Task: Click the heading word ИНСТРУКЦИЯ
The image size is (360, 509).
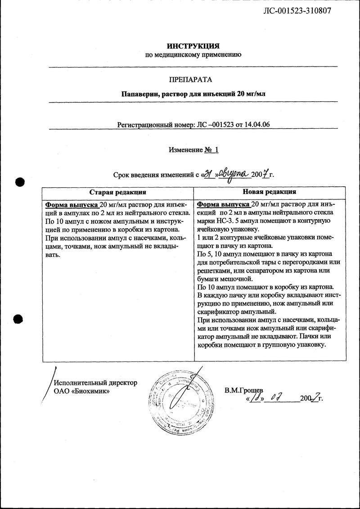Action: coord(193,46)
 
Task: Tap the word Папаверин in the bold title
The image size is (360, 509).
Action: coord(139,95)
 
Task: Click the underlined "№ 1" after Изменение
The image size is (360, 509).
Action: coord(211,150)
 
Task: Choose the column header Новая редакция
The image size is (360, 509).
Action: coord(270,192)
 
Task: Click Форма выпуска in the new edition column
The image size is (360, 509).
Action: coord(223,203)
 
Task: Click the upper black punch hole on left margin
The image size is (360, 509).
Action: coord(18,182)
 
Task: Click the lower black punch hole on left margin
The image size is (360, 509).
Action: coord(18,319)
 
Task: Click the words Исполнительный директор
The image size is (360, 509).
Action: coord(95,383)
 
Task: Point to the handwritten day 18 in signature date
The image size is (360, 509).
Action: coord(256,398)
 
